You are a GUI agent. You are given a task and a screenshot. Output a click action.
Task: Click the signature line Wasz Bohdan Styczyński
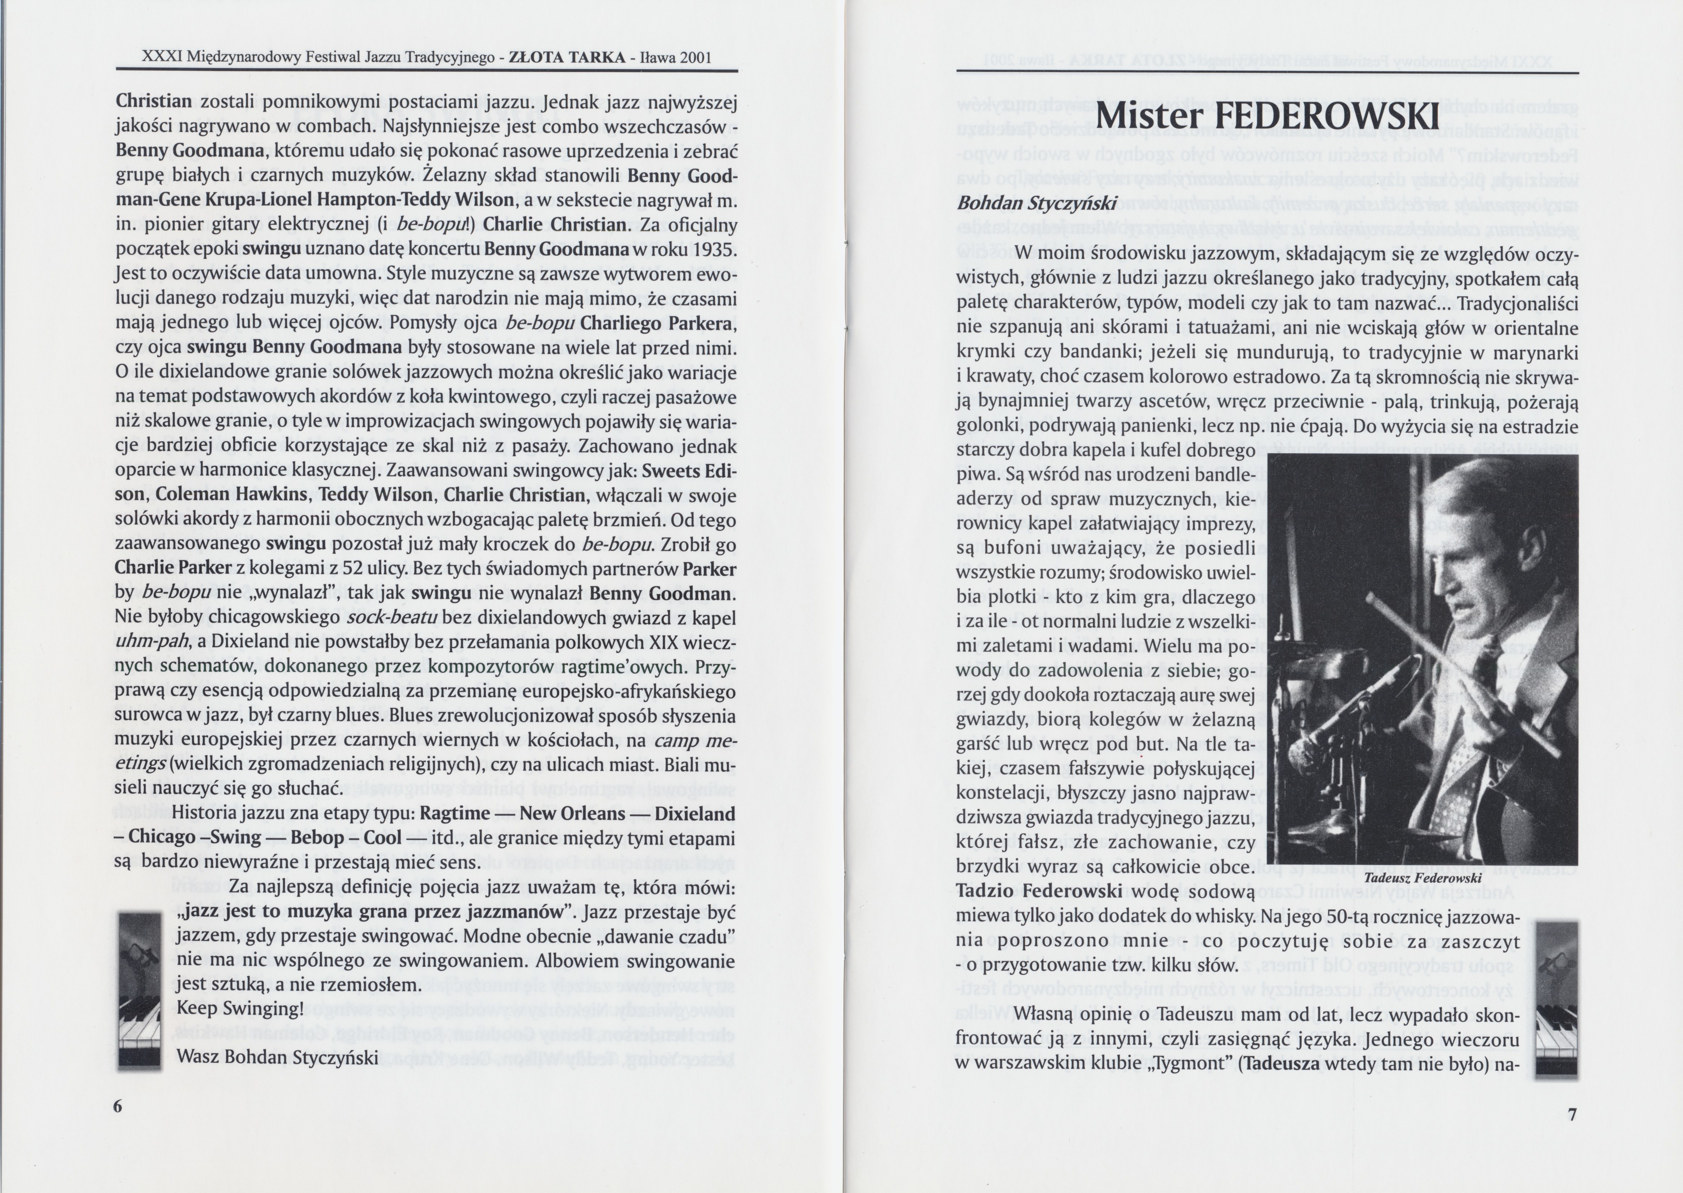point(278,1057)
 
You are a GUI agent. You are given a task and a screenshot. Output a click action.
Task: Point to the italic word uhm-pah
point(152,642)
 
